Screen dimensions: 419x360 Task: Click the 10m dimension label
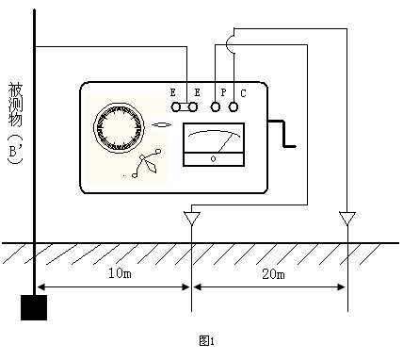pos(120,273)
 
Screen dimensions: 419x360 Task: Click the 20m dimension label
pos(274,274)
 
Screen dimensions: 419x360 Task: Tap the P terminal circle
pos(215,107)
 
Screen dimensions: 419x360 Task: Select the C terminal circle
pos(233,107)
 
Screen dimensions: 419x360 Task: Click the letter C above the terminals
pos(243,93)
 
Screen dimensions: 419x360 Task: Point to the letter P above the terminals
pos(223,92)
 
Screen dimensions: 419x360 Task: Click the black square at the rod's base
pos(34,307)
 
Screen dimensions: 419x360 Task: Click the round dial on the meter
pos(120,127)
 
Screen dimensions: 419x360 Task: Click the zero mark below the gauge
pos(214,159)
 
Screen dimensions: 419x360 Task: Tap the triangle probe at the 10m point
pos(192,218)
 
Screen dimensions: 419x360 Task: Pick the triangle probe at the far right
pos(347,218)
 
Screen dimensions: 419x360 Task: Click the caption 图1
pos(207,340)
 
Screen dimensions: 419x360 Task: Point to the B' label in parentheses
pos(15,150)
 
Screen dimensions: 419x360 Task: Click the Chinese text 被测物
pos(15,105)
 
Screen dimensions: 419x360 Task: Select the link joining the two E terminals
pos(184,107)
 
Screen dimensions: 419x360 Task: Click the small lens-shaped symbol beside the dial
pos(162,125)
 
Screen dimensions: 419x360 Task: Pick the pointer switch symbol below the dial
pos(147,164)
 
